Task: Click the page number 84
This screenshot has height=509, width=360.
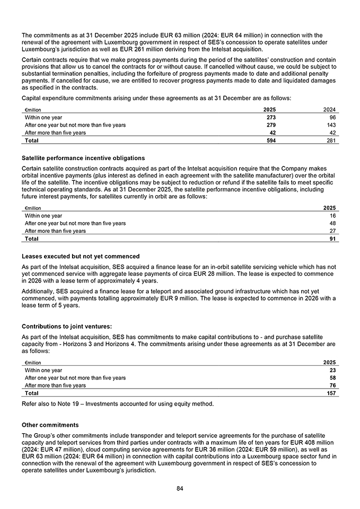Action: (x=180, y=488)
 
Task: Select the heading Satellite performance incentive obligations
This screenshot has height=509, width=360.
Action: (x=83, y=158)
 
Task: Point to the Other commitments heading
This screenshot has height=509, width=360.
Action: (x=50, y=425)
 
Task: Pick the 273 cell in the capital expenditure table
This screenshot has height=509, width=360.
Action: (x=270, y=117)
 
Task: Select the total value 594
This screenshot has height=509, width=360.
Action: (x=270, y=141)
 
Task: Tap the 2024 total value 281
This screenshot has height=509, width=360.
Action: (x=330, y=141)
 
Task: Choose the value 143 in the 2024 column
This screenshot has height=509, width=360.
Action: (x=330, y=125)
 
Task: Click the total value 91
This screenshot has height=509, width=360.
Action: (x=332, y=239)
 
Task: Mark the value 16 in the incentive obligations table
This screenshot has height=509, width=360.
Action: (x=332, y=216)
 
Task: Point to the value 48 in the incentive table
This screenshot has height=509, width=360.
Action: (x=332, y=223)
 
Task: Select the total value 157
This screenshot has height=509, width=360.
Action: (x=330, y=393)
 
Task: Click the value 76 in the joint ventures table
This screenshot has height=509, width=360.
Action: (x=332, y=385)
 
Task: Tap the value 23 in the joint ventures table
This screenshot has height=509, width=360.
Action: (x=332, y=370)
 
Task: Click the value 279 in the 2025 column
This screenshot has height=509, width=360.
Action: (x=270, y=125)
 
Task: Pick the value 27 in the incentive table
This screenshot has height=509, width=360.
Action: (x=332, y=231)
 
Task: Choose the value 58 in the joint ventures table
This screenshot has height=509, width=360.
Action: (x=332, y=378)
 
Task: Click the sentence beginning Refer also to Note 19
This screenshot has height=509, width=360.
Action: (x=118, y=405)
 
